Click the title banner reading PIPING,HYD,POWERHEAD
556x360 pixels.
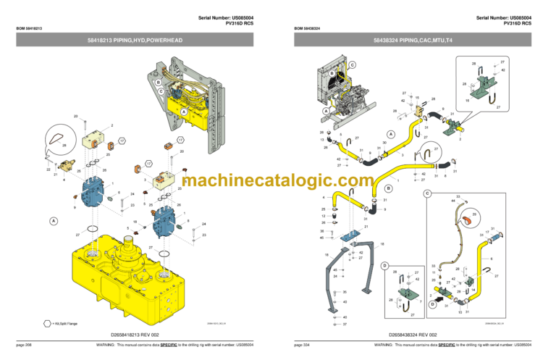[139, 49]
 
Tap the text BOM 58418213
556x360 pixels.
[30, 29]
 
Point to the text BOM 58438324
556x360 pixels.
[308, 29]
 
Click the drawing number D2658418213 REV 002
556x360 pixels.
[138, 335]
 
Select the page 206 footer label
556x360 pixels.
[25, 345]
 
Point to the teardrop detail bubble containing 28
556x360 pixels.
[62, 142]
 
